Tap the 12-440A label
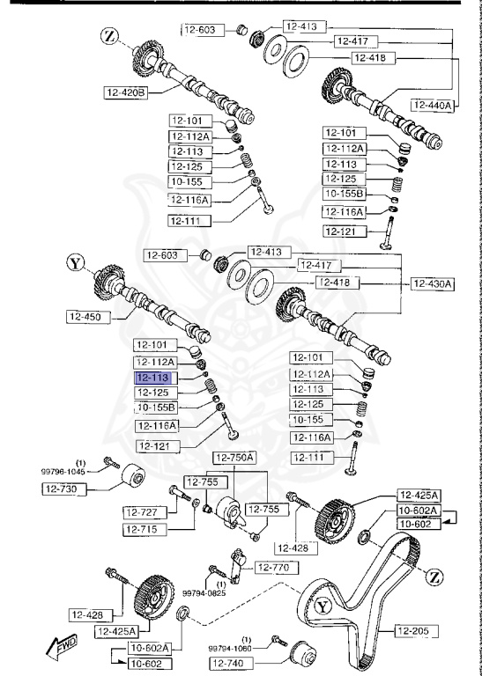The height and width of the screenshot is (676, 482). click(x=432, y=105)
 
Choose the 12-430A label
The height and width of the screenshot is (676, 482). click(x=432, y=283)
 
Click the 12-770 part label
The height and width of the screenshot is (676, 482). click(x=272, y=568)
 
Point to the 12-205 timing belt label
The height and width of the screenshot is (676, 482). click(x=415, y=629)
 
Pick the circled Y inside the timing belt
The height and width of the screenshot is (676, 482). click(x=323, y=606)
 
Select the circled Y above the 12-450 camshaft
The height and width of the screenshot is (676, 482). click(x=77, y=261)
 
